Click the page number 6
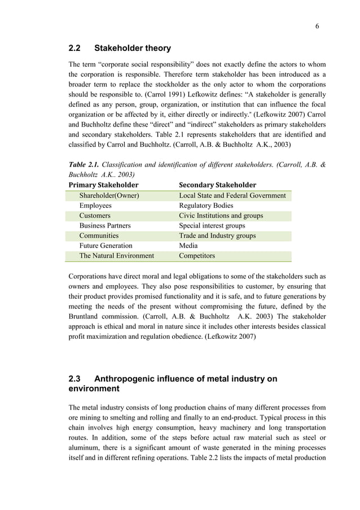[x=318, y=27]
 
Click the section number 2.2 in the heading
[x=75, y=48]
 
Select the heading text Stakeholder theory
[x=133, y=48]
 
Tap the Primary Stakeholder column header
[x=103, y=185]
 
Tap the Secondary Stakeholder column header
[x=217, y=185]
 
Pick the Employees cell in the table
[x=95, y=206]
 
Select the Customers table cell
[x=95, y=216]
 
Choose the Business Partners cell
[x=105, y=226]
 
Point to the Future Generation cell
[x=106, y=246]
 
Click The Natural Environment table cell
[x=116, y=256]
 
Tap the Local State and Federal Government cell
[x=232, y=196]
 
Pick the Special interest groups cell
[x=212, y=226]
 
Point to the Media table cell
[x=188, y=246]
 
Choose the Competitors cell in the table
[x=197, y=256]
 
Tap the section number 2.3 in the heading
[x=75, y=379]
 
